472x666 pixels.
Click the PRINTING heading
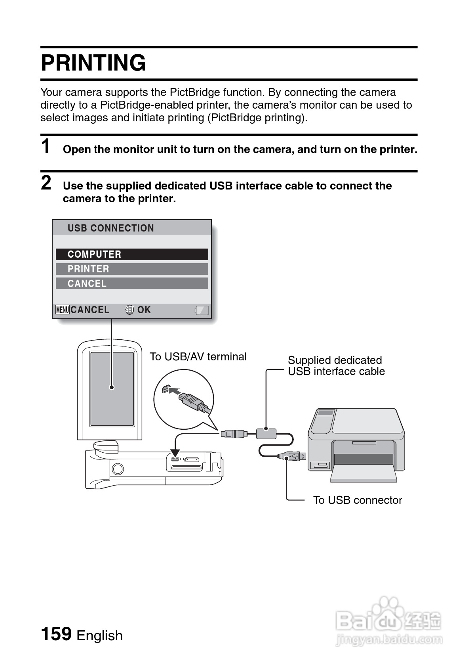pyautogui.click(x=93, y=63)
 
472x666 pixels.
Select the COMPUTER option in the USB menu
pyautogui.click(x=132, y=254)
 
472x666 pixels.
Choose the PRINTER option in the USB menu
pyautogui.click(x=132, y=269)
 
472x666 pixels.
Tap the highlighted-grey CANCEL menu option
pyautogui.click(x=132, y=283)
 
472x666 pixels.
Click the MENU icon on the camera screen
pyautogui.click(x=63, y=310)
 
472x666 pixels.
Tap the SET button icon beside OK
pyautogui.click(x=129, y=310)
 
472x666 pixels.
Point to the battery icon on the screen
pyautogui.click(x=202, y=310)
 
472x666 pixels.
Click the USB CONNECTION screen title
pyautogui.click(x=110, y=228)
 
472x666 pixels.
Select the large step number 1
pyautogui.click(x=46, y=146)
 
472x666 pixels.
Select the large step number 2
pyautogui.click(x=46, y=183)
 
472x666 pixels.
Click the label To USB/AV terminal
pyautogui.click(x=198, y=357)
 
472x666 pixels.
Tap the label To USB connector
pyautogui.click(x=357, y=500)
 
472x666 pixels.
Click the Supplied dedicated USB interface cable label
pyautogui.click(x=336, y=366)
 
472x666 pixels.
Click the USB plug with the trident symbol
pyautogui.click(x=293, y=456)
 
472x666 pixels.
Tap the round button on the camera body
pyautogui.click(x=118, y=469)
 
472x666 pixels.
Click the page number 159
pyautogui.click(x=56, y=633)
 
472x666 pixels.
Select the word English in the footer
pyautogui.click(x=100, y=635)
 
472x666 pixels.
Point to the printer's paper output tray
pyautogui.click(x=364, y=474)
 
